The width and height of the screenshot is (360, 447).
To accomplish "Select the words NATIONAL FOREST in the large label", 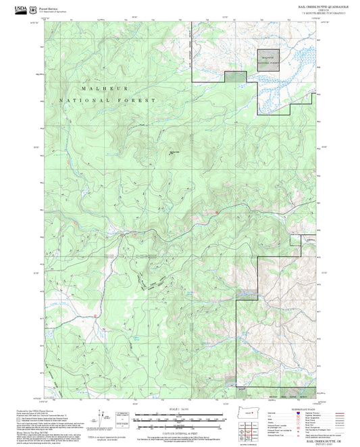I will pyautogui.click(x=107, y=100).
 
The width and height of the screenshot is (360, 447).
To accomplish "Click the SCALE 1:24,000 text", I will pyautogui.click(x=179, y=409).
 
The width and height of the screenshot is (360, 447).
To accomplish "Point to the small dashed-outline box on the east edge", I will pyautogui.click(x=294, y=241).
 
